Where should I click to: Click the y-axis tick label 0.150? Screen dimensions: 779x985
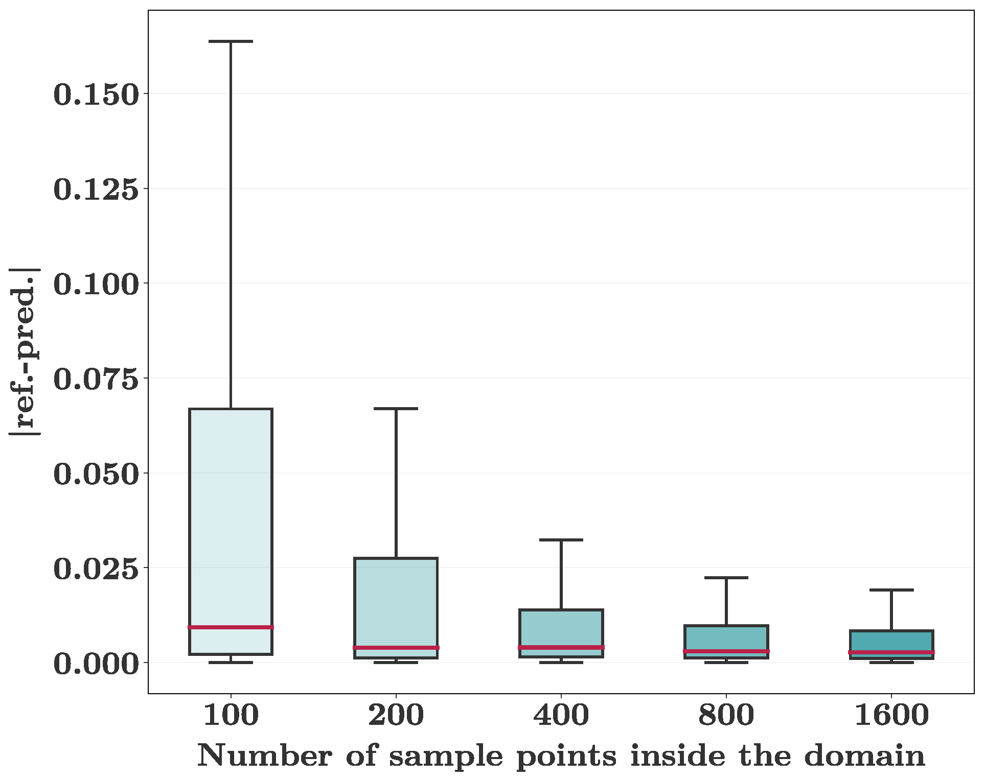coord(96,95)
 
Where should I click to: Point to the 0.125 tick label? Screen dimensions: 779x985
coord(96,190)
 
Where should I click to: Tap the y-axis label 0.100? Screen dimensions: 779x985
coord(96,284)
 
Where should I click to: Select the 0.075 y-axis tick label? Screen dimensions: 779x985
coord(96,379)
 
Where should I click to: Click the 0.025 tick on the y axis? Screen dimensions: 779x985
coord(96,569)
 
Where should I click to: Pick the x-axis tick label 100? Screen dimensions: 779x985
coord(231,715)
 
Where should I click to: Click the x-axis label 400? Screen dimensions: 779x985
coord(561,715)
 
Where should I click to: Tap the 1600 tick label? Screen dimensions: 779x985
coord(891,715)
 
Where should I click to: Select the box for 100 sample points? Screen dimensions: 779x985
coord(231,511)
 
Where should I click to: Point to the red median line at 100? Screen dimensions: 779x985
coord(231,627)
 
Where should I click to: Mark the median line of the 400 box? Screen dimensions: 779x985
coord(561,647)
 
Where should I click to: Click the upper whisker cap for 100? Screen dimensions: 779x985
coord(231,41)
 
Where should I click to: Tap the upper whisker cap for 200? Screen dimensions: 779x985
coord(396,409)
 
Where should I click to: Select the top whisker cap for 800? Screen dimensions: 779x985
coord(726,578)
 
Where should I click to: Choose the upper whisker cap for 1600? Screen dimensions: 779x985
coord(891,590)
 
